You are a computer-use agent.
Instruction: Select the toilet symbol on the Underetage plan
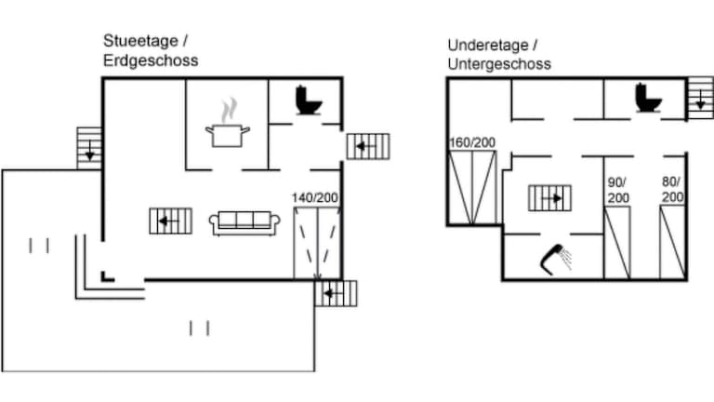click(648, 98)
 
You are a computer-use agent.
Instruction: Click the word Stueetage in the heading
click(140, 41)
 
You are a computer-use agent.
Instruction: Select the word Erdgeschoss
click(150, 60)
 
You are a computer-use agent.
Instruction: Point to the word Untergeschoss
click(498, 64)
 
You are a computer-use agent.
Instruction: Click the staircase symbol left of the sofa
click(170, 221)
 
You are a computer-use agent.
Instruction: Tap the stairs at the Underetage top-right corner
click(699, 97)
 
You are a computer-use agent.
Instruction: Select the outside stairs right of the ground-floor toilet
click(367, 146)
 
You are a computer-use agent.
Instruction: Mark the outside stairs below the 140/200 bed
click(337, 293)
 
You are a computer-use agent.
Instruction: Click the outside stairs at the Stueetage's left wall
click(88, 148)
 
